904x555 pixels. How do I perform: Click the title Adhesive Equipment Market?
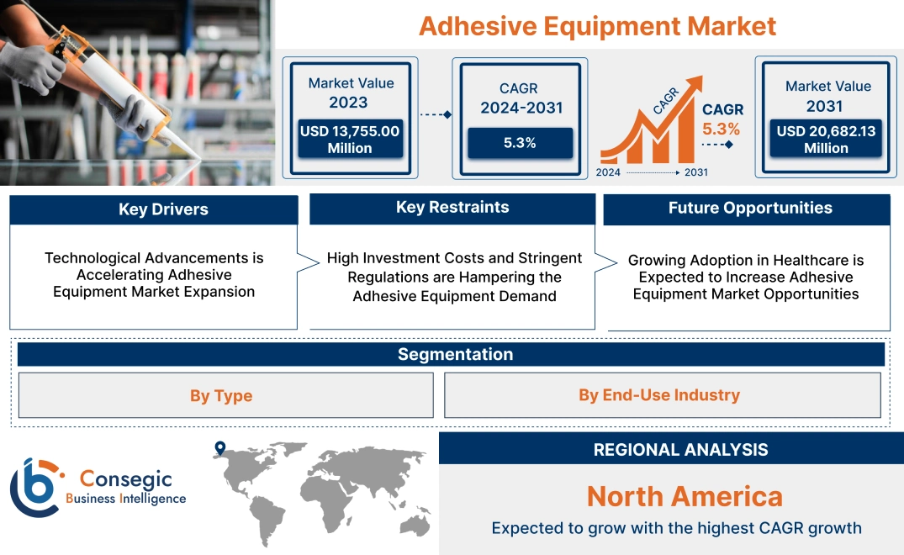click(597, 25)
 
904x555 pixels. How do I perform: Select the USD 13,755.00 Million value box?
click(350, 140)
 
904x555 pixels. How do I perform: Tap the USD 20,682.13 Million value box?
click(826, 140)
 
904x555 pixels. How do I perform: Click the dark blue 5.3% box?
click(520, 143)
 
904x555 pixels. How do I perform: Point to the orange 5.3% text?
click(721, 129)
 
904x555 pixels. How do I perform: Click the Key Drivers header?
click(154, 209)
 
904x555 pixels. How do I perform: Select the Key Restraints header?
click(452, 208)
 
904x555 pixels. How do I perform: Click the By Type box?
click(221, 395)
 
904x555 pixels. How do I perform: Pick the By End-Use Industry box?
click(659, 395)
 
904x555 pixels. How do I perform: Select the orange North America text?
click(685, 496)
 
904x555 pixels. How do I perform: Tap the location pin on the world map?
click(220, 448)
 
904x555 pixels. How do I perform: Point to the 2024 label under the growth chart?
click(609, 172)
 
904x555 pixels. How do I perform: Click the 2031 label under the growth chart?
click(695, 172)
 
